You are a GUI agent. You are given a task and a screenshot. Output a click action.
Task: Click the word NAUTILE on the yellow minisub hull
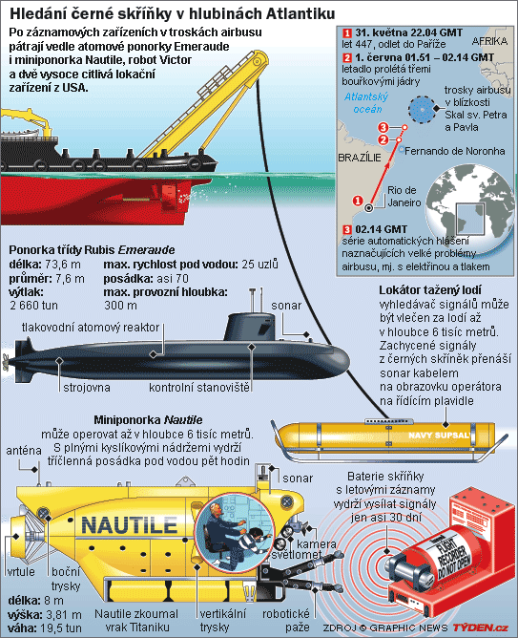point(129,525)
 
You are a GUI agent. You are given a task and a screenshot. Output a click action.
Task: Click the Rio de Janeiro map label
point(404,196)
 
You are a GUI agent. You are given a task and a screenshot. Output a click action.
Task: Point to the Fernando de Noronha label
point(455,151)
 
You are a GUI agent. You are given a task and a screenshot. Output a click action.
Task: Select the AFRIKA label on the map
point(489,41)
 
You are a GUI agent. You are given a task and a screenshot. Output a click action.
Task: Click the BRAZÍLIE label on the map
point(360,158)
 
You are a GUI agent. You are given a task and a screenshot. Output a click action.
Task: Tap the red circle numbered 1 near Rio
point(358,201)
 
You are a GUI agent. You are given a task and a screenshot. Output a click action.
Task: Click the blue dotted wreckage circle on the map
point(421,109)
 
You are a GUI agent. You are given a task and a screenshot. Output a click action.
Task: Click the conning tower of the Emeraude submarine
point(250,327)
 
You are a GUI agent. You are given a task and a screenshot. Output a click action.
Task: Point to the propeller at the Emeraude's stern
point(6,361)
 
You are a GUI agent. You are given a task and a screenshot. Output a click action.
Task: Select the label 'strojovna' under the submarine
point(87,388)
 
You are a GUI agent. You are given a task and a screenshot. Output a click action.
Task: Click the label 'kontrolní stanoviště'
point(199,388)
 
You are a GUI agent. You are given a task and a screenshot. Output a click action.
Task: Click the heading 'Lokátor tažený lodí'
point(430,290)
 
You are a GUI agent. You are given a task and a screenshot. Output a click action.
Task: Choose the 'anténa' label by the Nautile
point(24,451)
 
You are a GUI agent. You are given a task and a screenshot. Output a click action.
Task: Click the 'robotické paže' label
point(286,620)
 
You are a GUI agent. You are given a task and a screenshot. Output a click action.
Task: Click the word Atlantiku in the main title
point(301,14)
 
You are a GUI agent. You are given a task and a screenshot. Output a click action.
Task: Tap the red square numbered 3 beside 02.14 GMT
point(347,230)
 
